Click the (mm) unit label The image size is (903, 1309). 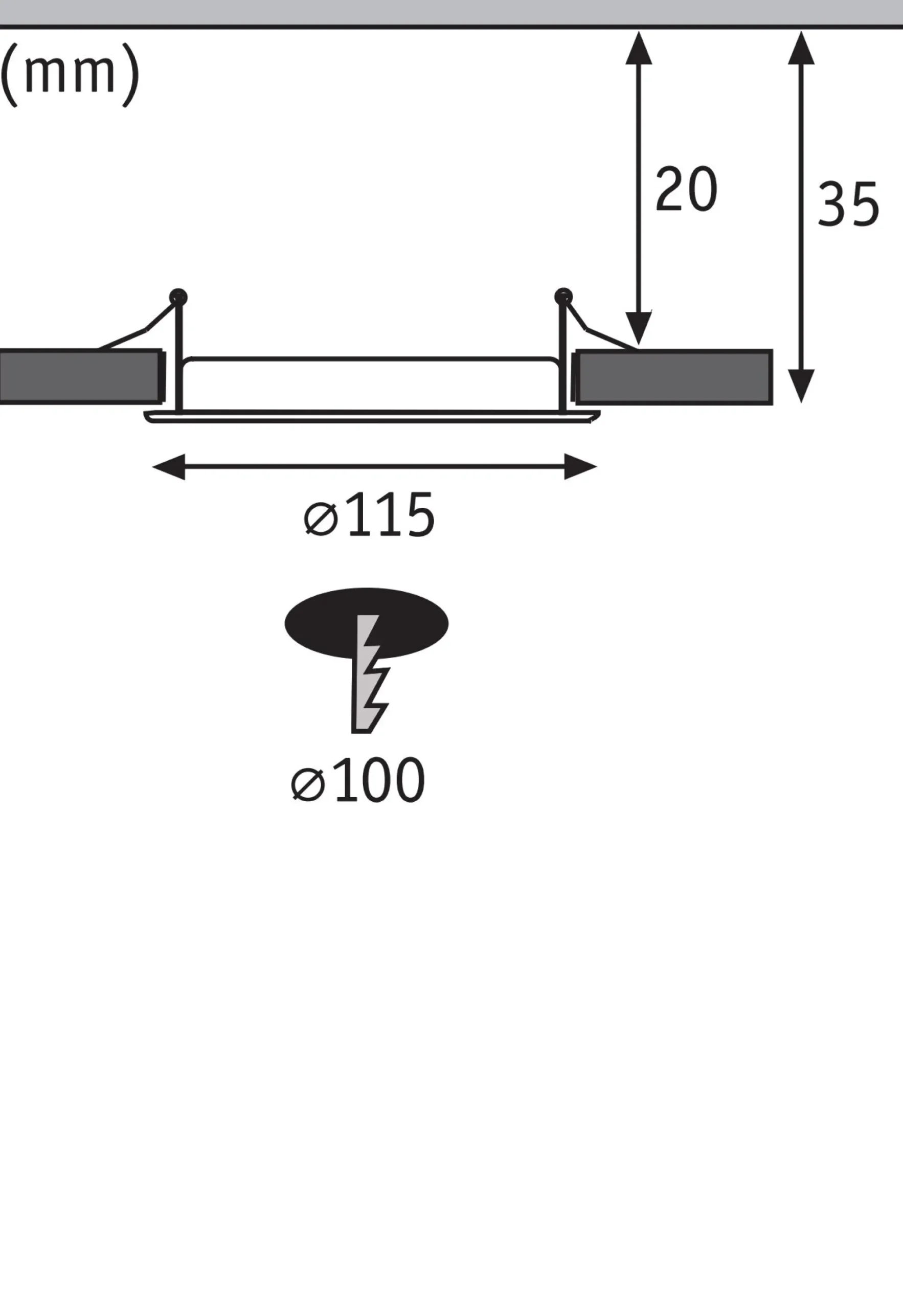point(70,75)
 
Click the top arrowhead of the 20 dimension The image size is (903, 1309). point(639,48)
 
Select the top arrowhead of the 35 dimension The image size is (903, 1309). point(801,48)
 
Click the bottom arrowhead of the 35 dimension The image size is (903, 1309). point(801,386)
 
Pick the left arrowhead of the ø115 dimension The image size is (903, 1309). point(169,467)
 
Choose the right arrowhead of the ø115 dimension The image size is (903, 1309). point(580,467)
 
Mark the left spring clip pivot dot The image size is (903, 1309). point(178,297)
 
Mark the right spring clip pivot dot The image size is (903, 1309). point(563,297)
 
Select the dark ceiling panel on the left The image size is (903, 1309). point(81,377)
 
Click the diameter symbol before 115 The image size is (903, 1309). point(321,520)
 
